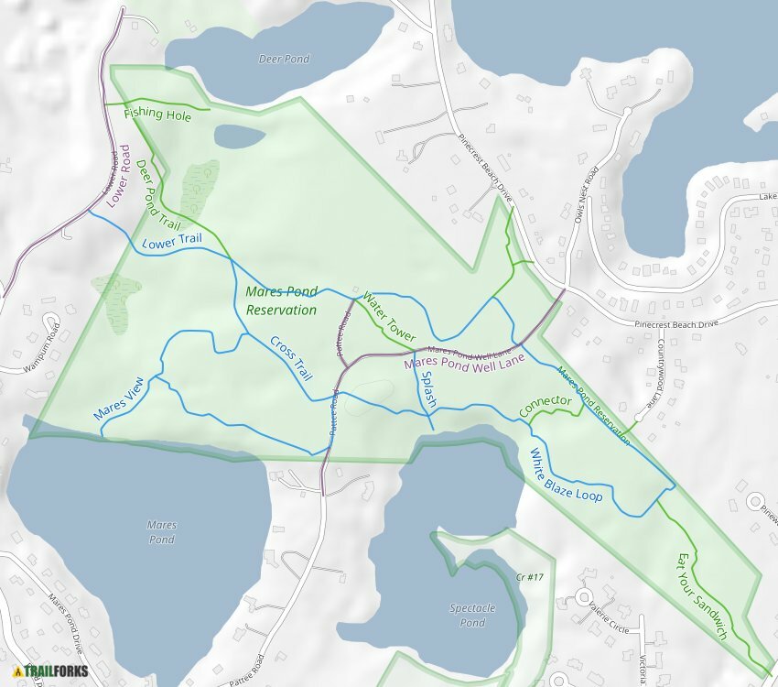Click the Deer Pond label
point(284,60)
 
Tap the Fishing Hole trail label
point(157,114)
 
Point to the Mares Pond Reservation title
point(282,300)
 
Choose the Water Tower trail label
point(389,316)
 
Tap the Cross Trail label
point(291,358)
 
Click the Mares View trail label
point(118,399)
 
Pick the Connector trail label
point(545,406)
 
